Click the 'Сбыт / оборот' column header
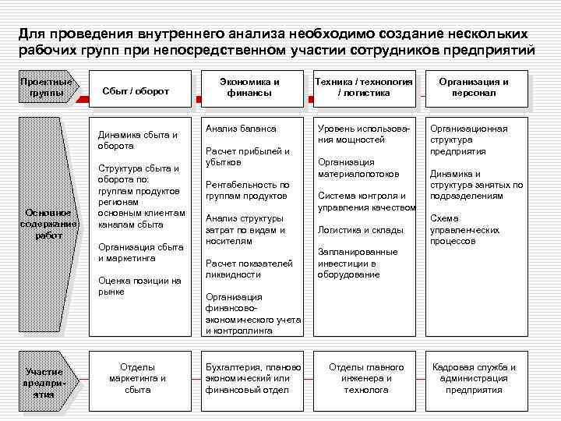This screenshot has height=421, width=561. (136, 91)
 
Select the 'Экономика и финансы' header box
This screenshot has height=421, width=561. (249, 87)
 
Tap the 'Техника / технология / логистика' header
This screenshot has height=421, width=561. (363, 87)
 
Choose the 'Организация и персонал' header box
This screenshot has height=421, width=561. (474, 87)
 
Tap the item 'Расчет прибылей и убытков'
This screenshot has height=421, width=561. (247, 157)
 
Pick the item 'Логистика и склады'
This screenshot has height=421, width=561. (360, 230)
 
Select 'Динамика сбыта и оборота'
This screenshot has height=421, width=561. (137, 140)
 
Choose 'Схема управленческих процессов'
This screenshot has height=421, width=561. (464, 230)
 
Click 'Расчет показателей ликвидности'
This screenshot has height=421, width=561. (249, 269)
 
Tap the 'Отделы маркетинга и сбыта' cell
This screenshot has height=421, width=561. (137, 378)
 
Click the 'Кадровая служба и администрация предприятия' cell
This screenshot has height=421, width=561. (474, 378)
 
